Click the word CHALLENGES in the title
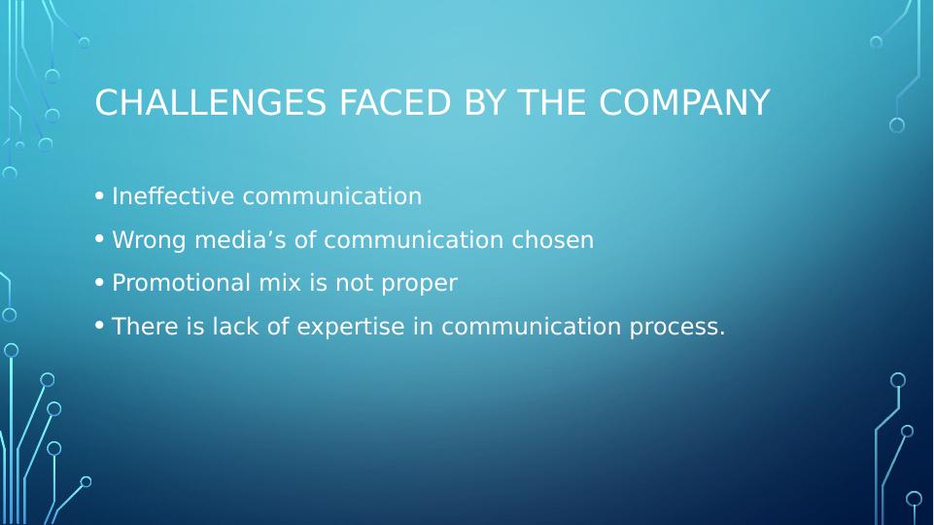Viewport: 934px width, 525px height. pos(210,102)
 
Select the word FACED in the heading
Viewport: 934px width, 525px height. pos(395,102)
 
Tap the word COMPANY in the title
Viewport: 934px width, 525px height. pos(684,102)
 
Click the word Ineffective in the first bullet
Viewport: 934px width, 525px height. pos(173,196)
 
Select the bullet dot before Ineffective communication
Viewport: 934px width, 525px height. pos(99,195)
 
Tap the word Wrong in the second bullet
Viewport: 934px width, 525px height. pos(149,240)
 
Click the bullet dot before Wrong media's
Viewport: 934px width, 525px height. pos(99,239)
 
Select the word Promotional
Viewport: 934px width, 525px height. pos(181,283)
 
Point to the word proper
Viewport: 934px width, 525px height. pos(419,284)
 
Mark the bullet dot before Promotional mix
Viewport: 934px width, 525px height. pos(99,283)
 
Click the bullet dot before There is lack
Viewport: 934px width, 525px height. pos(99,326)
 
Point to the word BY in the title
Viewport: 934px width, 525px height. pos(484,102)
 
